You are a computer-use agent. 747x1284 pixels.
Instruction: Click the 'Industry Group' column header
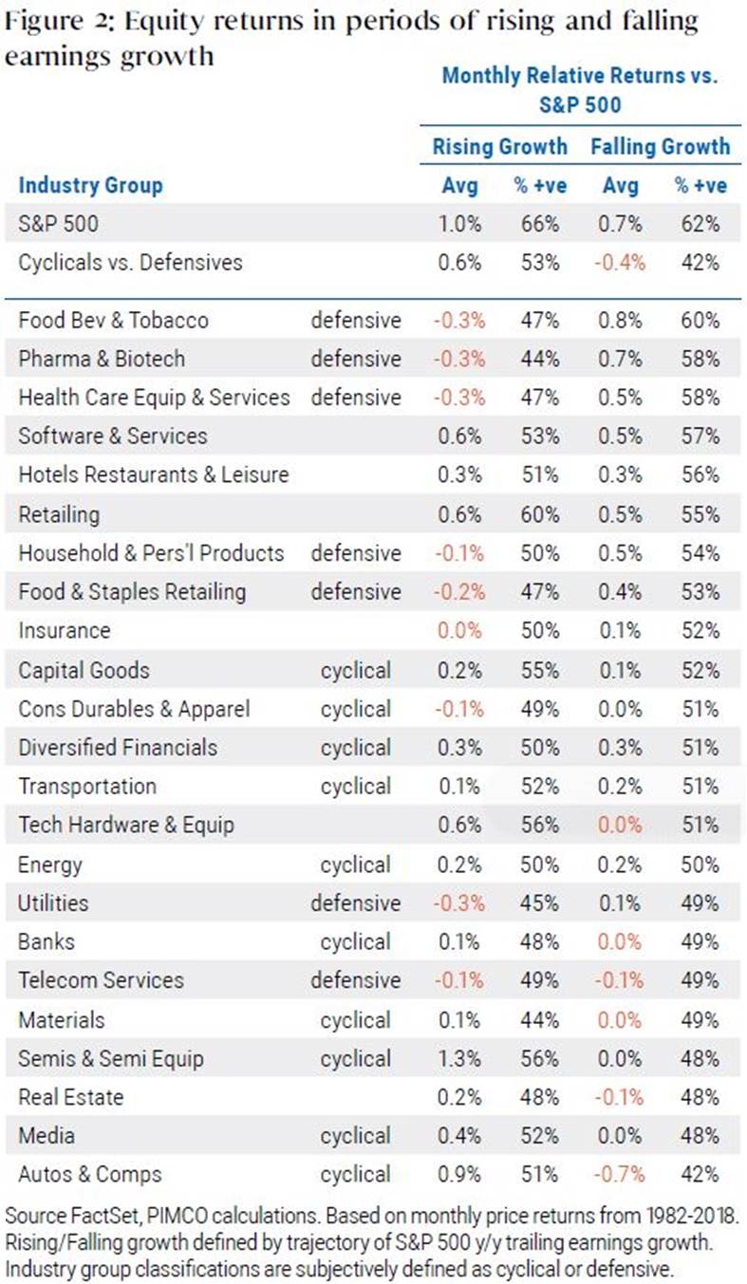point(90,186)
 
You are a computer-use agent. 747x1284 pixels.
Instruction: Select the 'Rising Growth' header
point(499,146)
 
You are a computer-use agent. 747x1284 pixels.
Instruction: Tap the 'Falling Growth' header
point(661,146)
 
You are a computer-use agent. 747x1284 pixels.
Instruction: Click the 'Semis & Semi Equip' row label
point(111,1059)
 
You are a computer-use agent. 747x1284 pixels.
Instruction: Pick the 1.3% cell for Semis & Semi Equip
point(459,1059)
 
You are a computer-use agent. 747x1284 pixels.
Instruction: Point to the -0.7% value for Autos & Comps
point(619,1175)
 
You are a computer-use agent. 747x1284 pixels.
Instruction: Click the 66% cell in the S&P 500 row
point(539,224)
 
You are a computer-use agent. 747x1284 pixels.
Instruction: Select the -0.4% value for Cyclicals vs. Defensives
point(619,263)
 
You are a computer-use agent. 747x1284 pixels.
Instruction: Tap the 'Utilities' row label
point(53,903)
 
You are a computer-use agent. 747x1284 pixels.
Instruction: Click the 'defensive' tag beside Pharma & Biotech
point(355,359)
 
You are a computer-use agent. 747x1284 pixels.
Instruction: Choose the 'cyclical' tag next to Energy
point(355,865)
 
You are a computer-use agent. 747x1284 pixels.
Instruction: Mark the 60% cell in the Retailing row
point(539,514)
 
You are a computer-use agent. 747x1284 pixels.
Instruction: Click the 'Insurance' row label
point(65,630)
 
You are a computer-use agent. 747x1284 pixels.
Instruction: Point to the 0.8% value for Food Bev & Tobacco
point(619,321)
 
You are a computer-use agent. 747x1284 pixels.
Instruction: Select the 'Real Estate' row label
point(71,1097)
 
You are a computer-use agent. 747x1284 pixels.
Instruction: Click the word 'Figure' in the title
point(44,23)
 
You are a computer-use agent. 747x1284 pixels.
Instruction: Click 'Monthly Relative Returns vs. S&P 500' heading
point(580,90)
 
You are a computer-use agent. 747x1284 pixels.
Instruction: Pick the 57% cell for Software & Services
point(700,437)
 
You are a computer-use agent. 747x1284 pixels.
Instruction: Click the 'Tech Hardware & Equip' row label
point(126,825)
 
